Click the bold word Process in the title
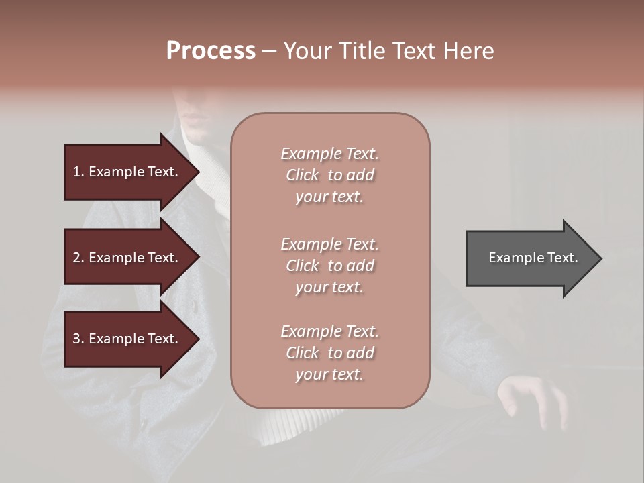click(211, 51)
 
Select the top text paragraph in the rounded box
click(329, 175)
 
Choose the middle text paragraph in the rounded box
click(329, 266)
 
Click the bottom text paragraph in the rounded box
click(329, 353)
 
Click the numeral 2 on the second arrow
click(76, 258)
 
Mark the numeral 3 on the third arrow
click(76, 339)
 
